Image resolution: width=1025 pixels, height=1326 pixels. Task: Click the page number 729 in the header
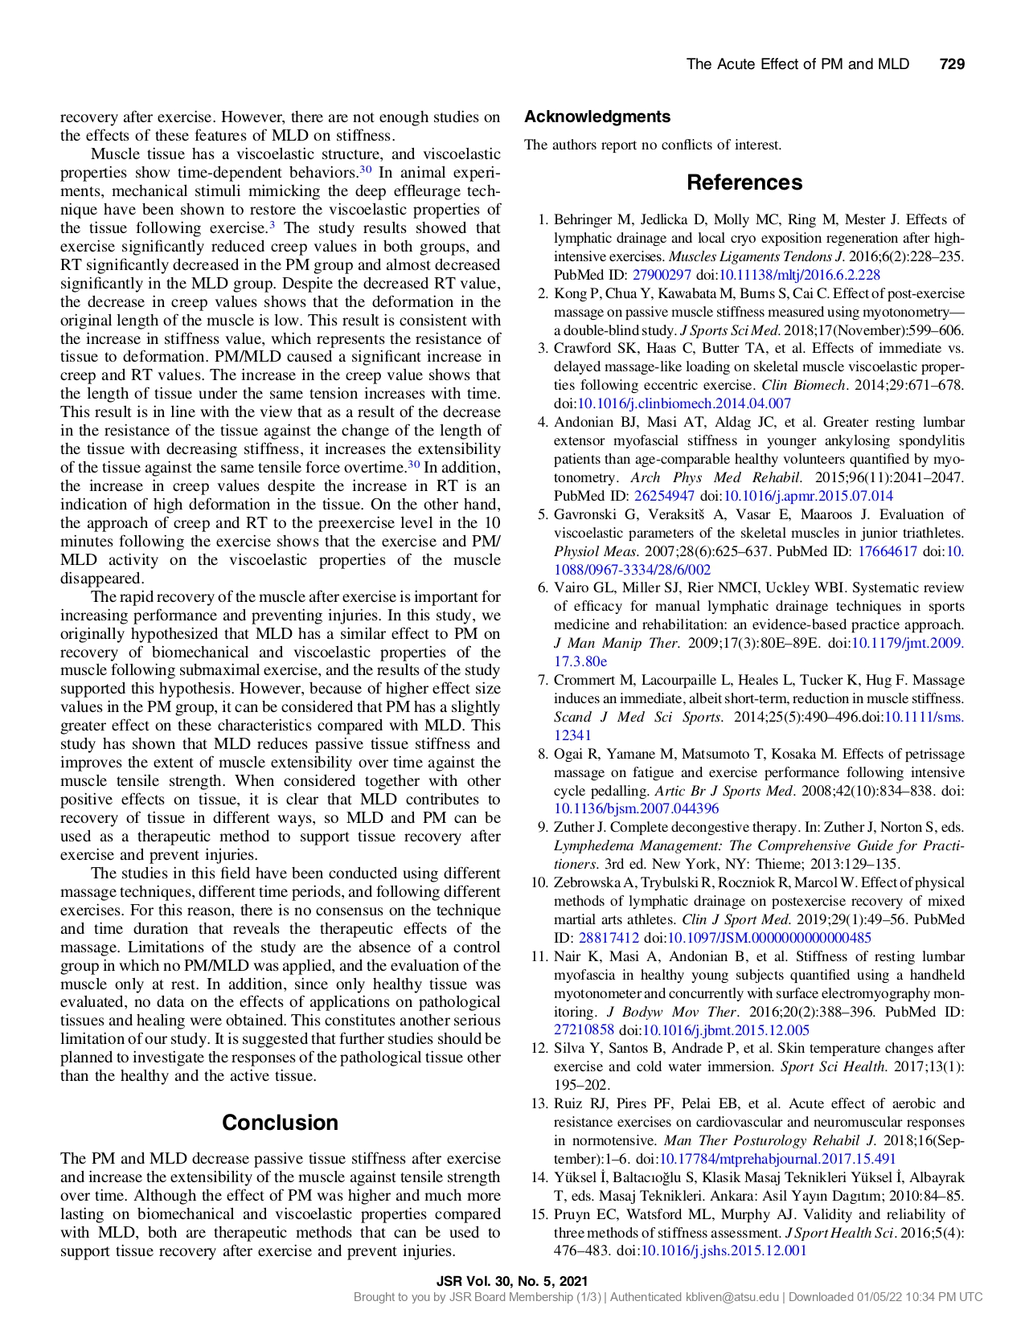[952, 64]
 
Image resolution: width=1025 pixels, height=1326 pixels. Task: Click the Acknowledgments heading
[597, 117]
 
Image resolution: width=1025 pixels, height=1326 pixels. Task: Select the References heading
[744, 182]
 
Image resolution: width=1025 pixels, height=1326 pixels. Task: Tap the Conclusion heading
[280, 1123]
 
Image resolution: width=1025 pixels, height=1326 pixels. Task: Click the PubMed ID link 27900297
[662, 275]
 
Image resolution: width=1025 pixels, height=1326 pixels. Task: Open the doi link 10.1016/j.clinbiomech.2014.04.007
[684, 404]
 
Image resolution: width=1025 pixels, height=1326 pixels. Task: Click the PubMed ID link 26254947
[664, 497]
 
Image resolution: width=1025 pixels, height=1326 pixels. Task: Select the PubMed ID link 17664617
[888, 551]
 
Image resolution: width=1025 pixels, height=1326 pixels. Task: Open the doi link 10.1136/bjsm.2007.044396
[636, 809]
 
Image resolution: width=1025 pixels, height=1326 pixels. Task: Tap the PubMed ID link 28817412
[609, 938]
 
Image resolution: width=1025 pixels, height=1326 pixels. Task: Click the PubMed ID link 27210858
[584, 1030]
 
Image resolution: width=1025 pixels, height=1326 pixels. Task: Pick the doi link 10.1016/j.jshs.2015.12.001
[723, 1251]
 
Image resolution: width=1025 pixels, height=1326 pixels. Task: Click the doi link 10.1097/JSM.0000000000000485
[769, 938]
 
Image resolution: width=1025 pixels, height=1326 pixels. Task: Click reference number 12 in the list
[539, 1049]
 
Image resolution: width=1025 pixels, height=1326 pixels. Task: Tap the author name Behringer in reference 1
[584, 220]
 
